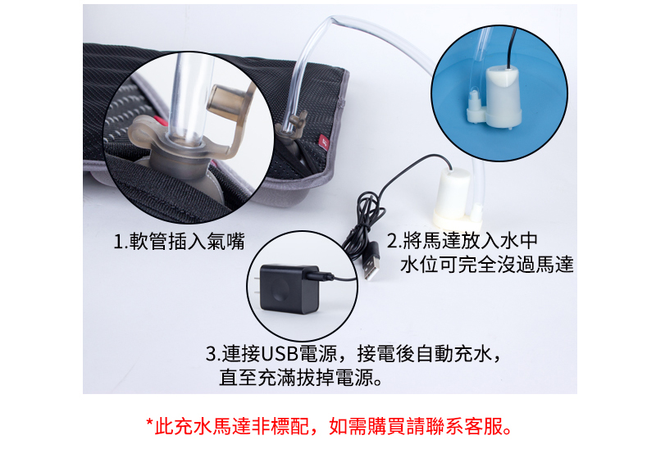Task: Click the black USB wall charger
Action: tap(289, 289)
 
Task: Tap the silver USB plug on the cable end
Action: tap(371, 268)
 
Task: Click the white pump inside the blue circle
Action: tap(495, 97)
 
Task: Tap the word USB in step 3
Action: tap(280, 354)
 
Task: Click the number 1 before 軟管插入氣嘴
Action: tap(118, 242)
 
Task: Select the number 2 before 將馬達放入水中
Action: tap(391, 241)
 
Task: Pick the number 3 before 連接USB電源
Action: tap(211, 354)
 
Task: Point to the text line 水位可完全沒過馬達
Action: tap(486, 265)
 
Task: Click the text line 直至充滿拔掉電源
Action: tap(300, 378)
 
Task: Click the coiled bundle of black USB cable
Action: tap(365, 221)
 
